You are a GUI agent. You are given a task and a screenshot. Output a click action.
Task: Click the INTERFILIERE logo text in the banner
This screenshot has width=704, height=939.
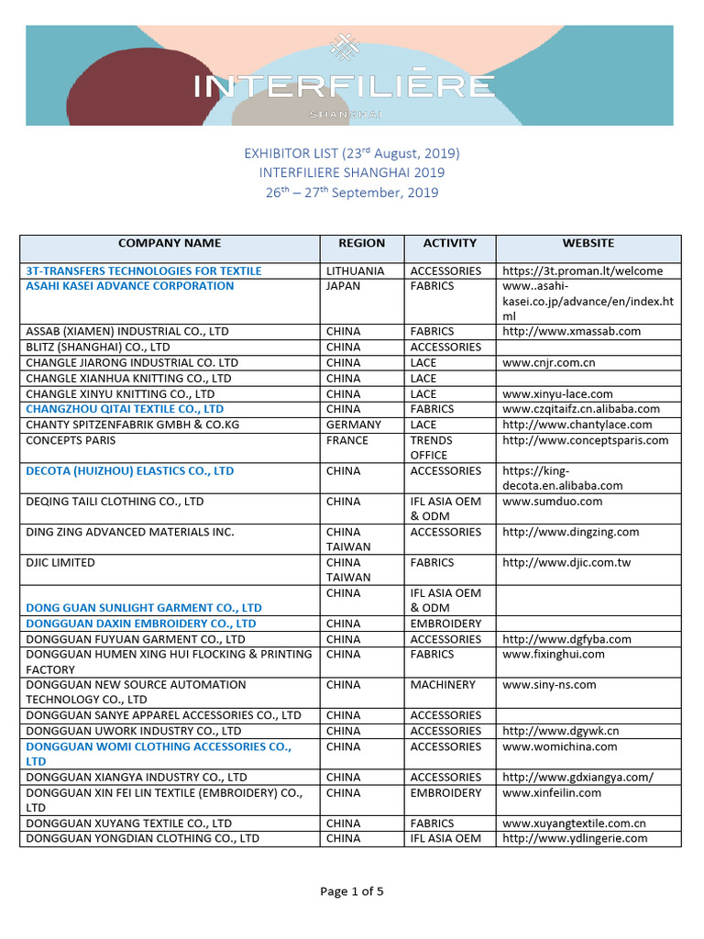click(344, 87)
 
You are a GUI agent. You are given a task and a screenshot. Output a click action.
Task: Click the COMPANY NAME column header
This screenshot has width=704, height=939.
click(170, 243)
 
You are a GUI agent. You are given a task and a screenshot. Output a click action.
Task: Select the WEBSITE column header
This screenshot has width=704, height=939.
click(588, 243)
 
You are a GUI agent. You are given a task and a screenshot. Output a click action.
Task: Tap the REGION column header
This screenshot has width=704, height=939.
click(361, 243)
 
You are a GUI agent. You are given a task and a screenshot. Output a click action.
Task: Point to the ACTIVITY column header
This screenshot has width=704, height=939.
click(449, 243)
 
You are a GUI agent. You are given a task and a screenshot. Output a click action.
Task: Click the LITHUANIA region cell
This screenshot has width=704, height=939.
click(355, 271)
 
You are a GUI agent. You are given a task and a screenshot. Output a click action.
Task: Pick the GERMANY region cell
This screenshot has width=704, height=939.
click(353, 425)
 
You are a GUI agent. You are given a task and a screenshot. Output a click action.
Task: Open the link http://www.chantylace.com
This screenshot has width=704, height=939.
click(577, 425)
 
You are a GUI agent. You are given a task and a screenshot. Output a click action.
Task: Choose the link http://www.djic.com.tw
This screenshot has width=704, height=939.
click(566, 562)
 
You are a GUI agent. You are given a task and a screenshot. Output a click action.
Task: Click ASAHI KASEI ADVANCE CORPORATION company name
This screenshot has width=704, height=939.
click(130, 286)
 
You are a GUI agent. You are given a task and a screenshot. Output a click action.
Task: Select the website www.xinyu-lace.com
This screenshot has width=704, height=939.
click(557, 393)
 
